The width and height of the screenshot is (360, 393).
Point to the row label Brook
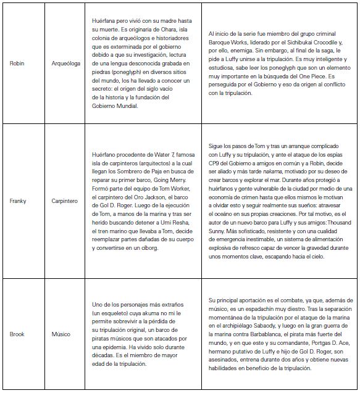(17, 334)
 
